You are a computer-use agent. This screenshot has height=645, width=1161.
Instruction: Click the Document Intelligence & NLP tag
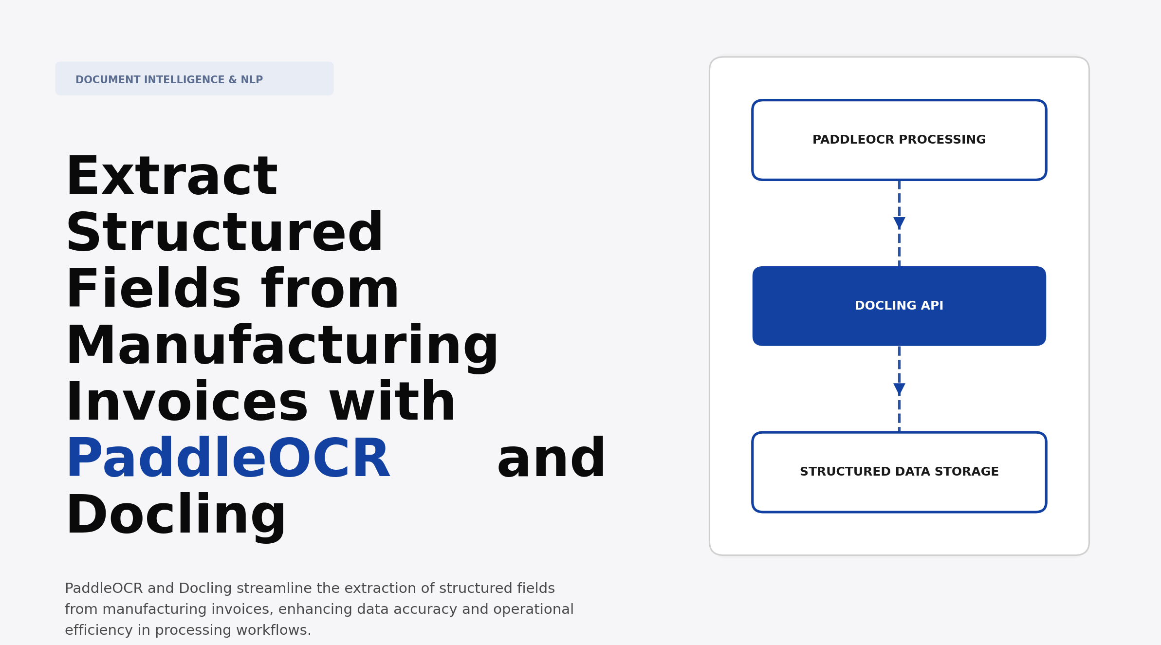[x=194, y=79]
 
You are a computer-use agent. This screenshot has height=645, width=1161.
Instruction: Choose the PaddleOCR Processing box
[x=899, y=140]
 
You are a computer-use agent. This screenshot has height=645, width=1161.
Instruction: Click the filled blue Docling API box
[x=899, y=306]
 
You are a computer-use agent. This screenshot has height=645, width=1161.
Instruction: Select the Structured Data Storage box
[x=899, y=472]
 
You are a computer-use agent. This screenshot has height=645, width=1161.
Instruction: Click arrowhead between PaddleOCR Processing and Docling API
[x=899, y=223]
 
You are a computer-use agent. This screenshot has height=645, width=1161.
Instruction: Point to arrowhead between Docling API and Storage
[x=899, y=389]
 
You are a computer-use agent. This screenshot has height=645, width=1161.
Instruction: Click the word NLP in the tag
[x=252, y=80]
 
